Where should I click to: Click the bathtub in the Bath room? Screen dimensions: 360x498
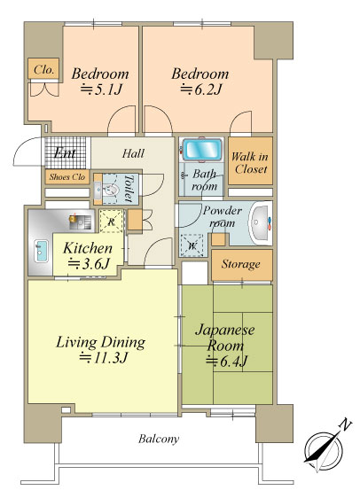point(202,149)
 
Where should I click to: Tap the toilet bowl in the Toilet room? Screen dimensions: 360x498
point(111,191)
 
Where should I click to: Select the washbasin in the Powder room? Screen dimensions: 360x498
point(260,223)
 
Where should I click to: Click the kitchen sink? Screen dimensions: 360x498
point(41,251)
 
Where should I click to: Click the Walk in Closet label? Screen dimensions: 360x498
point(250,163)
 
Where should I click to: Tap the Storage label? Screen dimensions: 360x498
point(241,264)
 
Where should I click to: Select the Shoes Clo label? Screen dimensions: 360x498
point(67,177)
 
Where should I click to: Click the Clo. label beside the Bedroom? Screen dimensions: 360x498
point(43,69)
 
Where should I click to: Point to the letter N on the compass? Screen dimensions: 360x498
point(346,424)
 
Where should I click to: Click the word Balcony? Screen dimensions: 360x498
point(159,440)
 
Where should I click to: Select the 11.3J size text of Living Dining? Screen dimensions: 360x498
point(104,358)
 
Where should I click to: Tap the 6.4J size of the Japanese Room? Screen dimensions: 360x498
point(226,362)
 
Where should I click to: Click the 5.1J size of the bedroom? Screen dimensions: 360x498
point(101,89)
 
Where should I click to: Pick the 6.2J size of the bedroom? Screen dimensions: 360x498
point(200,89)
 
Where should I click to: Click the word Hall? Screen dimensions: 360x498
point(134,153)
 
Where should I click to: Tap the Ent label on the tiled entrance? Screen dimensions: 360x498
point(65,153)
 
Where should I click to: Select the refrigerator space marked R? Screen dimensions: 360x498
point(111,221)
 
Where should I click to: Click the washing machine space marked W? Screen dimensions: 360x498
point(192,245)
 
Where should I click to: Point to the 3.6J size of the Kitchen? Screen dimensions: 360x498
point(90,263)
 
